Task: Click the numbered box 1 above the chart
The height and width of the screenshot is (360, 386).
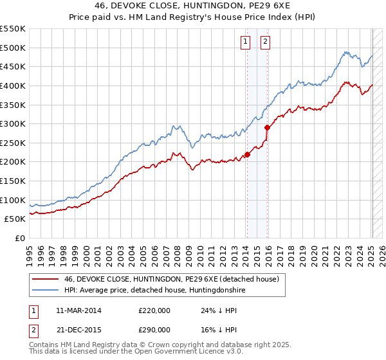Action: [246, 42]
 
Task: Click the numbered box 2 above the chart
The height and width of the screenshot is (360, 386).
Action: [265, 42]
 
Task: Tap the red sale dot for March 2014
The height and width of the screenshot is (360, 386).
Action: [247, 154]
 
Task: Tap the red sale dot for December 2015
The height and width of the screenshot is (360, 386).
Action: [268, 128]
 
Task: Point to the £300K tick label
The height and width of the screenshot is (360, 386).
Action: [13, 123]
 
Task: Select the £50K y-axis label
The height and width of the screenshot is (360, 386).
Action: [15, 219]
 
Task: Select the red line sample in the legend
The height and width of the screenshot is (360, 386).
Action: [45, 280]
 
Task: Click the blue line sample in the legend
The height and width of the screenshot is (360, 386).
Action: [45, 291]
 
